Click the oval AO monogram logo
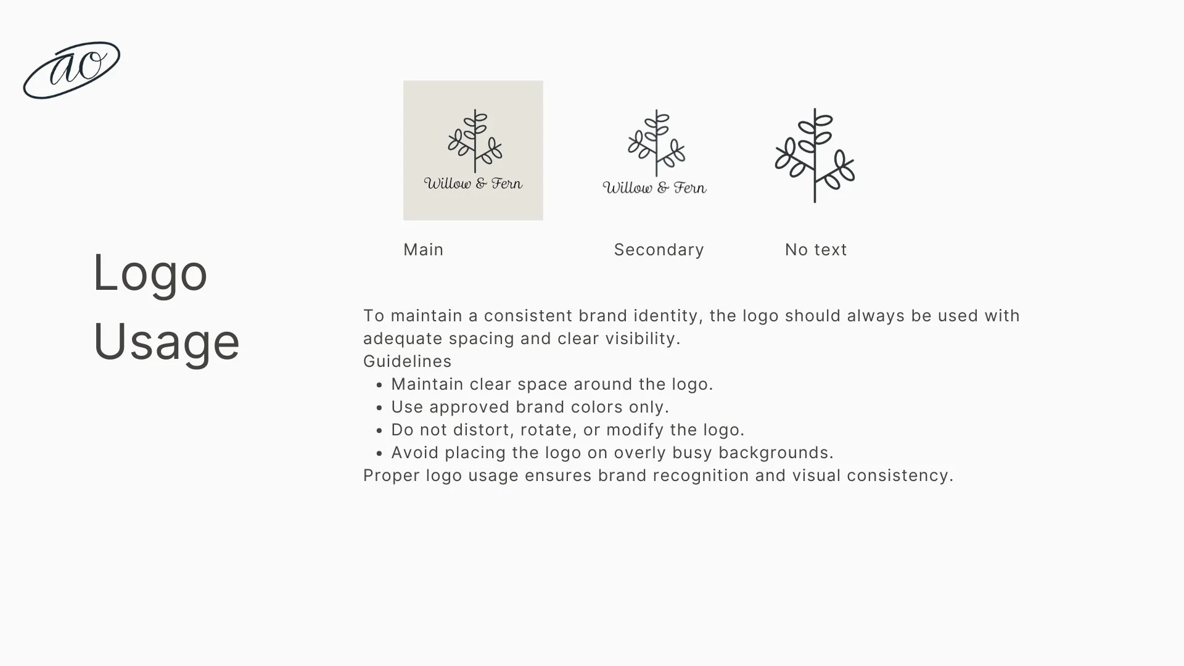pos(72,70)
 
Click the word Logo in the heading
pos(150,273)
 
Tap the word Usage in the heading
pos(166,342)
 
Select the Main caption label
pos(423,250)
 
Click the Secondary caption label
pos(659,250)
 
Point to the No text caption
pos(815,250)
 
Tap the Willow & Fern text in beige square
pos(473,183)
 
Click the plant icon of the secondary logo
pos(656,142)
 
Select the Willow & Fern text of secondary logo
pos(654,187)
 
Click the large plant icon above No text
pos(815,155)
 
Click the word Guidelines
pos(407,361)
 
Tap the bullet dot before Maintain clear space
pos(379,385)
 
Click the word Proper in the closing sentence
pos(391,475)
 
